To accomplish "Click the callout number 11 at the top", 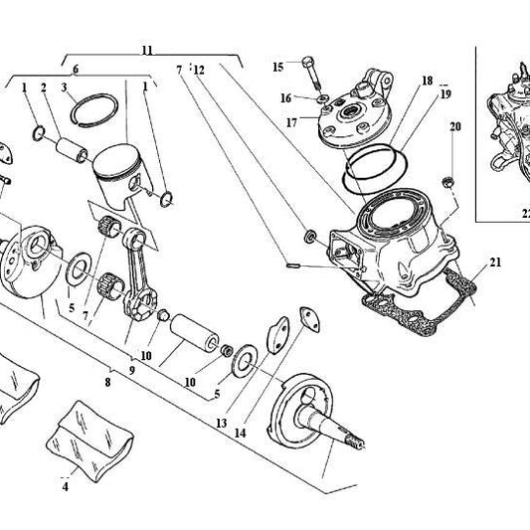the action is [x=147, y=51].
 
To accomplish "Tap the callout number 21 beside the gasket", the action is [x=495, y=262].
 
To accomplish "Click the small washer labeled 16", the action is [x=323, y=98].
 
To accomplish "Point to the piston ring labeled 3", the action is [x=94, y=109].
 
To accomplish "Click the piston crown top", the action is [x=117, y=161].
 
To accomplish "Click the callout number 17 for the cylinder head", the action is [x=291, y=122].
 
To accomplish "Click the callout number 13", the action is [x=222, y=423].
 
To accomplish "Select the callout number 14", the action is [x=240, y=433].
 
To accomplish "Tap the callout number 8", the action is [x=107, y=382].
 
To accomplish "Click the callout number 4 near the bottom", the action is [x=66, y=486].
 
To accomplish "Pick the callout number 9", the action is [x=132, y=370].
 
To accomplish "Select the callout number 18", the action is [x=428, y=81].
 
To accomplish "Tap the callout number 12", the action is [x=199, y=70].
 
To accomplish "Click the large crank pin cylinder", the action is [x=194, y=329].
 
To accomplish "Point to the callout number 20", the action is [x=455, y=126].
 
